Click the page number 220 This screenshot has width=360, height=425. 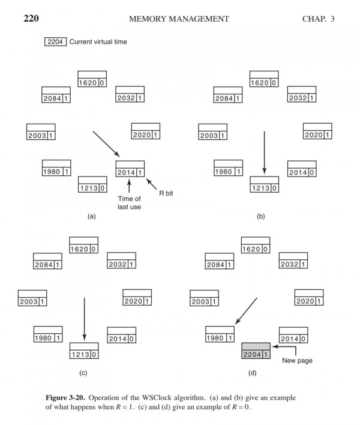point(31,19)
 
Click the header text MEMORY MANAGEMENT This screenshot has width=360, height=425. point(179,19)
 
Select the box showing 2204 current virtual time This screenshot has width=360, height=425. point(56,42)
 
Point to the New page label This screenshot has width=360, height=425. point(297,361)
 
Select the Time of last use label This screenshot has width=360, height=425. point(130,202)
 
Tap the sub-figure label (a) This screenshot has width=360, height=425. point(92,217)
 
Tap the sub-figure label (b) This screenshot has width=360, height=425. point(261,217)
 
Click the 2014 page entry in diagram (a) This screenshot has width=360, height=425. point(131,173)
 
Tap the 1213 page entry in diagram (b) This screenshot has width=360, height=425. point(265,188)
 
